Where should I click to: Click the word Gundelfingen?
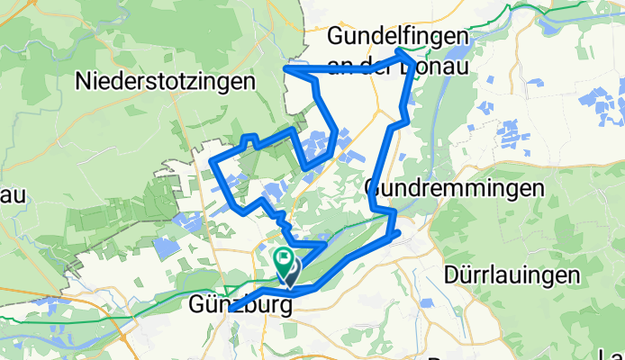coord(399,36)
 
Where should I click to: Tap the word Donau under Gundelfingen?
coord(435,59)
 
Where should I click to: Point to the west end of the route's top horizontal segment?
coord(286,68)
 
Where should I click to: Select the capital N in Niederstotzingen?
coord(86,81)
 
